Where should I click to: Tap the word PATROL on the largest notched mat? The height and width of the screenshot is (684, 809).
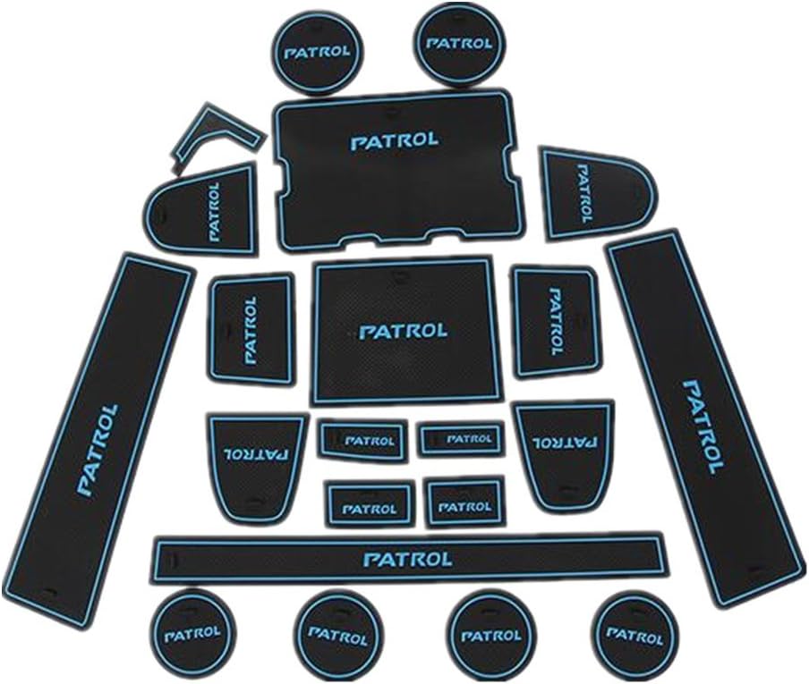[x=395, y=140]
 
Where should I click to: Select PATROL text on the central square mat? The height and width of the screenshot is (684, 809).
[x=403, y=332]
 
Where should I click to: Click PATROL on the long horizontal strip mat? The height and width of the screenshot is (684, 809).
[x=407, y=559]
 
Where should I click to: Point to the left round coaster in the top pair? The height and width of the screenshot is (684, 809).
[x=318, y=52]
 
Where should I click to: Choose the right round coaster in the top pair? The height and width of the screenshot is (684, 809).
[x=459, y=44]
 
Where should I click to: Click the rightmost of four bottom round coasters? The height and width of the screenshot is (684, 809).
[x=635, y=637]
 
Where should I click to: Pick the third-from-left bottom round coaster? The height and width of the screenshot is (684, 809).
[x=490, y=636]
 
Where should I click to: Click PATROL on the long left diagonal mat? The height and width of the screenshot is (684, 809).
[x=98, y=450]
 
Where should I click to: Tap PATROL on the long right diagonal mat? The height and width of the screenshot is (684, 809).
[x=703, y=426]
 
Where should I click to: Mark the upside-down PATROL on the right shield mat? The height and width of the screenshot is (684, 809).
[x=565, y=442]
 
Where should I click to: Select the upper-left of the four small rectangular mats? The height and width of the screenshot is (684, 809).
[x=363, y=440]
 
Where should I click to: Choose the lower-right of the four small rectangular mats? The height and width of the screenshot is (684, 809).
[x=464, y=502]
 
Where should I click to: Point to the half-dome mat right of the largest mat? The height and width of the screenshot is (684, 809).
[x=597, y=194]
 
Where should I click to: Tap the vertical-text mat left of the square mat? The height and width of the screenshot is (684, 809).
[x=251, y=329]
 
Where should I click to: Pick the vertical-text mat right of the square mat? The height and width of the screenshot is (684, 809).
[x=557, y=321]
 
